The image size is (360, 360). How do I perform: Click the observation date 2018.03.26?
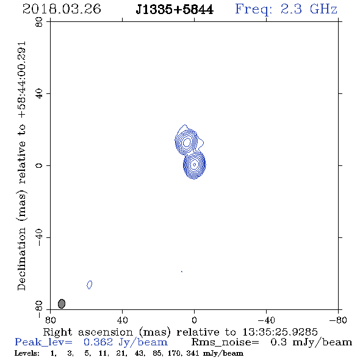click(x=62, y=9)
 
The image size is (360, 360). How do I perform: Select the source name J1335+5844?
click(x=175, y=10)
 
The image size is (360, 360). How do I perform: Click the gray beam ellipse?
click(x=62, y=304)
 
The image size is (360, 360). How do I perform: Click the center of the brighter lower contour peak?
click(x=195, y=164)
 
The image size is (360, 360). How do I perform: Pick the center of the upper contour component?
click(x=187, y=142)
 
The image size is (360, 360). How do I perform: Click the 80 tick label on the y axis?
click(x=39, y=22)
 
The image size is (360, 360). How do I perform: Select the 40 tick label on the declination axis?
click(x=39, y=94)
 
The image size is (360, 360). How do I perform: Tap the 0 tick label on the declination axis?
click(x=39, y=165)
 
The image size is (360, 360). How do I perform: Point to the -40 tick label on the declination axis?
click(x=39, y=237)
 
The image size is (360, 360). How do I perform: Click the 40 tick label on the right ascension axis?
click(x=123, y=320)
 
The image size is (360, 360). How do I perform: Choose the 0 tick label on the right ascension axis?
click(x=194, y=320)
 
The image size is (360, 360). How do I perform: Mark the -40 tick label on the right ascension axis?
click(x=266, y=320)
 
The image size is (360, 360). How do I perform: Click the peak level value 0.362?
click(x=98, y=342)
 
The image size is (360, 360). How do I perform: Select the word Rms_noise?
click(x=225, y=342)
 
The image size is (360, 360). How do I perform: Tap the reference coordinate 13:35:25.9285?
click(x=280, y=332)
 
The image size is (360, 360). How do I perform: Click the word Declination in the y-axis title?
click(x=21, y=259)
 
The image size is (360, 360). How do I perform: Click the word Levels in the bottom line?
click(x=27, y=353)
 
